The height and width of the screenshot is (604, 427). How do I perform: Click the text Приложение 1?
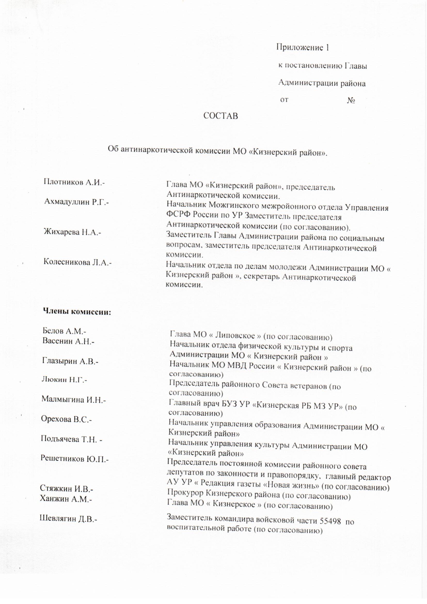coord(303,48)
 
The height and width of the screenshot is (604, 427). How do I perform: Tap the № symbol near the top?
coord(351,101)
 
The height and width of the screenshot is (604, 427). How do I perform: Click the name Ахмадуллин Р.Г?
coord(76,202)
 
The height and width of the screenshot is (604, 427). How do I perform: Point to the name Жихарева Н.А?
coord(72,232)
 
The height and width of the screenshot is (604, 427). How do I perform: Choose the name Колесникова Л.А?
coord(77,262)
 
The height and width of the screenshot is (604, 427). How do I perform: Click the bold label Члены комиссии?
coord(77,312)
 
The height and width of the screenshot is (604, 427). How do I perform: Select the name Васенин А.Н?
coord(68,341)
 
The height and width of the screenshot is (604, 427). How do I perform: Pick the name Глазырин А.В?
coord(70,361)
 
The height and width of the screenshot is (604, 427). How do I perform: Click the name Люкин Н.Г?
coord(64,380)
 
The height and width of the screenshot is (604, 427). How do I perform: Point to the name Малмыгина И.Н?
coord(73,400)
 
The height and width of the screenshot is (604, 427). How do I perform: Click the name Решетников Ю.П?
coord(74,459)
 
